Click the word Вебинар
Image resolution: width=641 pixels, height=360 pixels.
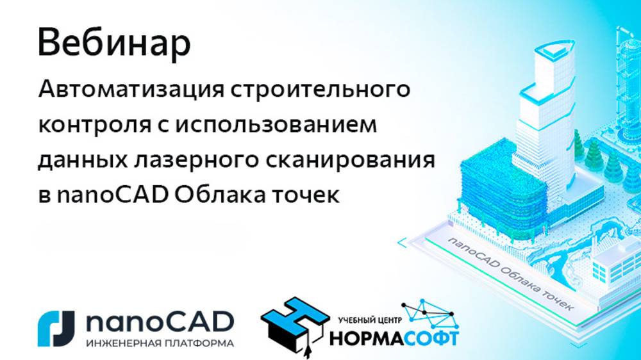click(x=114, y=43)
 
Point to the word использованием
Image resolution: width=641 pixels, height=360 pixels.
click(x=276, y=125)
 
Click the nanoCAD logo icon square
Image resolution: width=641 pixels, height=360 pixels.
click(x=56, y=329)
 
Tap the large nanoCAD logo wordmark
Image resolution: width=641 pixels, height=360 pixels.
click(x=160, y=322)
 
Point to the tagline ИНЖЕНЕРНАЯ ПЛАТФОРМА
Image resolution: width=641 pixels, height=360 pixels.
click(x=160, y=343)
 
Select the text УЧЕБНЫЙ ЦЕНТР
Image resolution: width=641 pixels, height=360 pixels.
click(x=370, y=320)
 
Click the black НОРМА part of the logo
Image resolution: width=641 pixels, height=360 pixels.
click(x=367, y=338)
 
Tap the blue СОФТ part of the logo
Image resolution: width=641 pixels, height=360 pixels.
click(x=431, y=338)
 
